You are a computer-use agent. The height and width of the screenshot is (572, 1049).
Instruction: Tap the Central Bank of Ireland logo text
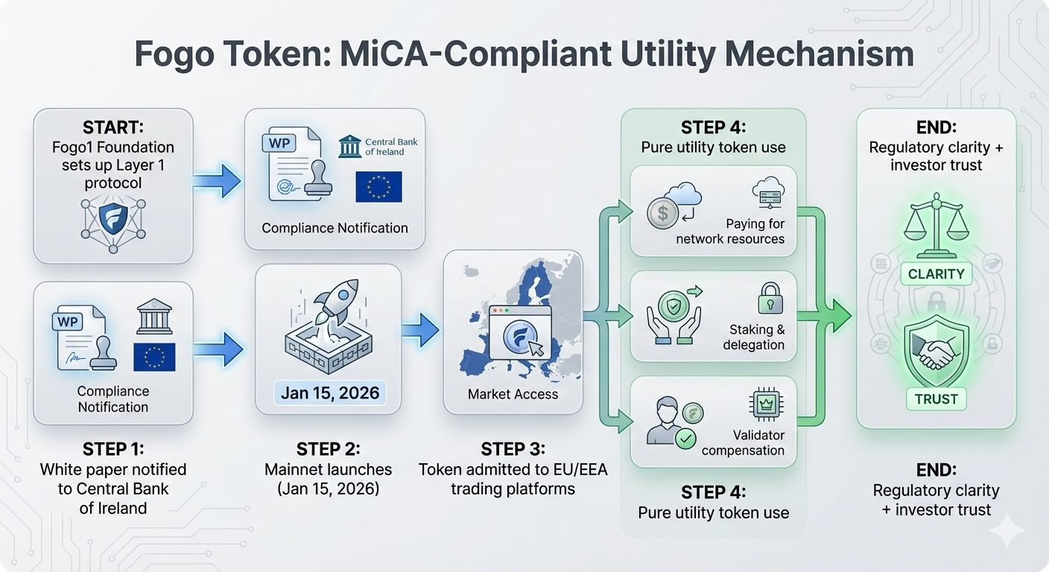[391, 147]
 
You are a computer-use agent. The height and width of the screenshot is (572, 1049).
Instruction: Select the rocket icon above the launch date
[336, 307]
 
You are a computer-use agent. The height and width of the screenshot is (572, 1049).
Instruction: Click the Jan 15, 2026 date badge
[329, 393]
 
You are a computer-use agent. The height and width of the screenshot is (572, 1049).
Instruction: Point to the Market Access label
[513, 394]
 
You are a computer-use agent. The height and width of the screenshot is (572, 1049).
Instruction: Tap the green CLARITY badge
[936, 274]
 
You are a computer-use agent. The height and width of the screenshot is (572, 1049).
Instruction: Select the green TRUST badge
[936, 398]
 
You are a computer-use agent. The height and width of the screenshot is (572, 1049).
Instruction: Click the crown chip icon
[763, 406]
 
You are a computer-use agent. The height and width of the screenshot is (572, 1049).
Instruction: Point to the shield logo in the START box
[113, 219]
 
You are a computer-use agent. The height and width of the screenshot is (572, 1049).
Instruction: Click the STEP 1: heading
[113, 448]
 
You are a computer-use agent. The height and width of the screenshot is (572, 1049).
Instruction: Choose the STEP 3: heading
[513, 449]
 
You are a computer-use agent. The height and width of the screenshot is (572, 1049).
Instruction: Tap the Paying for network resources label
[730, 231]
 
